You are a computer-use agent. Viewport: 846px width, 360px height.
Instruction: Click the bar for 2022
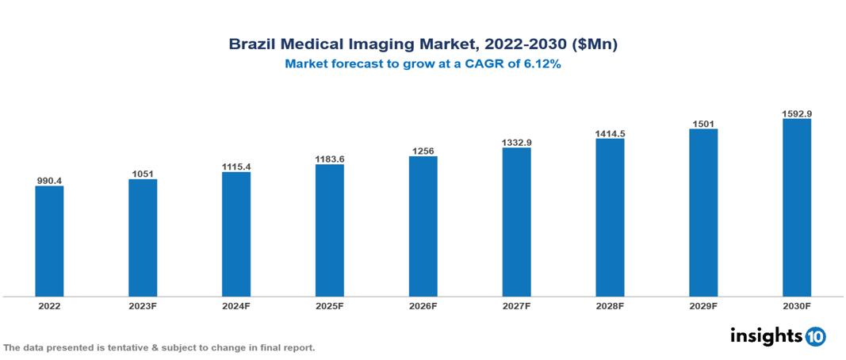[49, 241]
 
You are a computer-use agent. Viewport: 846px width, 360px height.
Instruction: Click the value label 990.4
[49, 180]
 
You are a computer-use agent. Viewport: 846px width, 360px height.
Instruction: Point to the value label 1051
[143, 173]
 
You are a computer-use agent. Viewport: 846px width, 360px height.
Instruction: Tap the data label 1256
[423, 150]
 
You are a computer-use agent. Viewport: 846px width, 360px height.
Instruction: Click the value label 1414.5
[610, 133]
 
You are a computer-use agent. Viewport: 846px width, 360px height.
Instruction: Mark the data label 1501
[703, 123]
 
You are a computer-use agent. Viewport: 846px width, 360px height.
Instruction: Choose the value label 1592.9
[796, 113]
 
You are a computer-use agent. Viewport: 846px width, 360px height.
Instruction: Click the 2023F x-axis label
[143, 305]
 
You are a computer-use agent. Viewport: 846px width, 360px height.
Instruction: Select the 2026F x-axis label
[423, 305]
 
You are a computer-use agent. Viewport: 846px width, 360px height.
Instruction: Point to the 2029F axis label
[703, 305]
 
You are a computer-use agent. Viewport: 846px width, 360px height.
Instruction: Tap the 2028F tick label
[610, 305]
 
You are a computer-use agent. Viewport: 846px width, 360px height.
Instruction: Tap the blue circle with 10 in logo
[815, 336]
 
